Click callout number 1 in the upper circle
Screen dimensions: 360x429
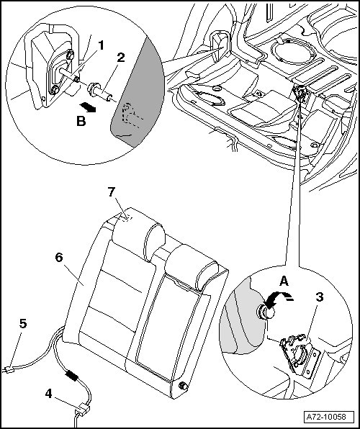(x=101, y=45)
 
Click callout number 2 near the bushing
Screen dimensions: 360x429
(x=121, y=58)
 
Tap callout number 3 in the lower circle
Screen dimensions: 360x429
(x=320, y=297)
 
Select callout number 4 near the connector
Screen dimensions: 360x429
(x=48, y=394)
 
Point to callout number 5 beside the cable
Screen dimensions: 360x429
(x=23, y=323)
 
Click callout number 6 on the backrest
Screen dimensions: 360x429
(x=59, y=258)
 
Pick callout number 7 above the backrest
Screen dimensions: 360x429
(x=111, y=192)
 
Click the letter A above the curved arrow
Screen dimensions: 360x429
(x=284, y=281)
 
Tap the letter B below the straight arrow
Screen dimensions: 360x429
(x=81, y=121)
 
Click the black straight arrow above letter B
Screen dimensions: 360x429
(x=87, y=107)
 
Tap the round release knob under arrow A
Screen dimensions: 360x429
(x=265, y=312)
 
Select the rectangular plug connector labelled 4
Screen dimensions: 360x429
(x=82, y=410)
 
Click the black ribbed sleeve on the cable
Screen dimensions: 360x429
(x=72, y=376)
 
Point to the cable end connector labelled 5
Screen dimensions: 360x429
(x=9, y=371)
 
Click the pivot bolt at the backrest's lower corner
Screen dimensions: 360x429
(x=183, y=386)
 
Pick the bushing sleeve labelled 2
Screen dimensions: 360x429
(x=100, y=92)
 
